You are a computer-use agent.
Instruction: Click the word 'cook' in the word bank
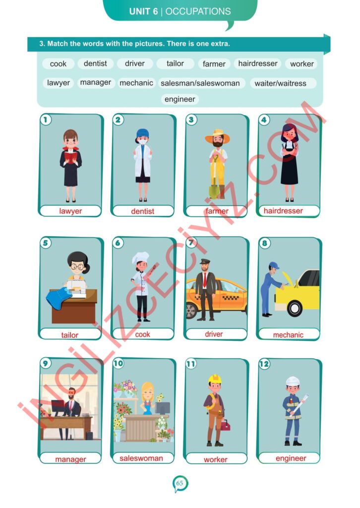coord(59,64)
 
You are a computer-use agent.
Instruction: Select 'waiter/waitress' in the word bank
coord(280,83)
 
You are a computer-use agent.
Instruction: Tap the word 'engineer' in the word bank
coord(180,99)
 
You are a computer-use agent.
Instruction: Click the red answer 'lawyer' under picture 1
coord(70,211)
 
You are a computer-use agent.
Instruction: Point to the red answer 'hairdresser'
coord(283,210)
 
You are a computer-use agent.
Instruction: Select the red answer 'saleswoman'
coord(141,458)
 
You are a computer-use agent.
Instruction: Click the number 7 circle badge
coord(191,243)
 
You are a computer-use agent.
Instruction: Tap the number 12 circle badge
coord(264,364)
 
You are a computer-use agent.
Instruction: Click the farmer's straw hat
coord(217,136)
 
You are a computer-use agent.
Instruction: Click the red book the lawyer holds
coord(70,157)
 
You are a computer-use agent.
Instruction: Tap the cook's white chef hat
coord(140,257)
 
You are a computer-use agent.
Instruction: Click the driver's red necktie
coord(205,279)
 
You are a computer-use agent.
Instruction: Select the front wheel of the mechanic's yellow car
coord(295,308)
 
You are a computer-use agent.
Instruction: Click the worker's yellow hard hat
coord(215,379)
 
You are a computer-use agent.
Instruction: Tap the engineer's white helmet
coord(293,381)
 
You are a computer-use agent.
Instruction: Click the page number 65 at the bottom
coord(180,483)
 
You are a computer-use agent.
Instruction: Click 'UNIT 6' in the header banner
coord(143,12)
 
